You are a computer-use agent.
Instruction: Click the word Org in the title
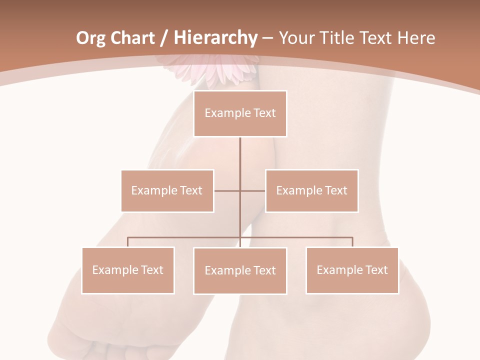pyautogui.click(x=90, y=38)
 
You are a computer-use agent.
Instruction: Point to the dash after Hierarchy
pyautogui.click(x=267, y=39)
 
